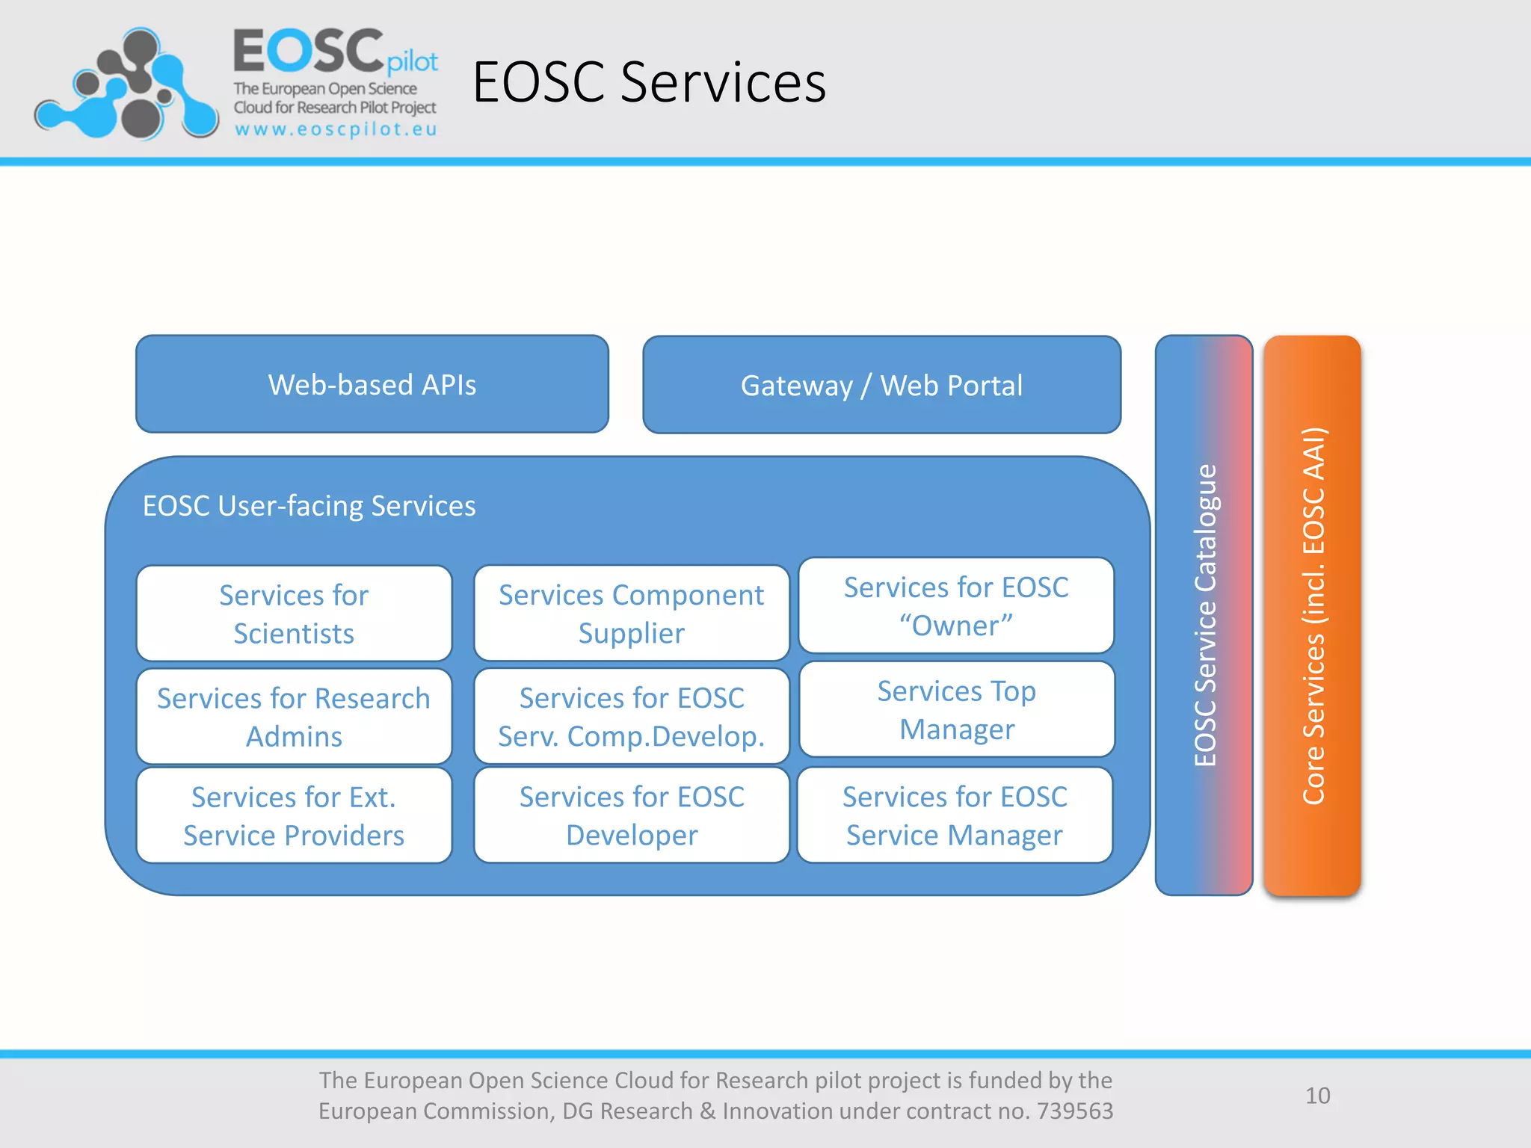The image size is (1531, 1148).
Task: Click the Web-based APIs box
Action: [x=372, y=384]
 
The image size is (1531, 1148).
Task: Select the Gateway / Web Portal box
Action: [x=881, y=385]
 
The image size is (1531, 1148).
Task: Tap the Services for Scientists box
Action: [x=294, y=614]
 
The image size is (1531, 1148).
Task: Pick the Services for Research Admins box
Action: [x=294, y=717]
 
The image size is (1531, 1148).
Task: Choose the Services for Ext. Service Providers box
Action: [x=294, y=815]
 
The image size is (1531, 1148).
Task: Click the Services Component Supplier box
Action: [x=631, y=614]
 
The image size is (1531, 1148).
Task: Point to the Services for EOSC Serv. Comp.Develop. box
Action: [x=631, y=717]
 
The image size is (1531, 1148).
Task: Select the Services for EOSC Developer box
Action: [x=631, y=815]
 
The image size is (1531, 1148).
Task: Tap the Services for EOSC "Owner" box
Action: [x=956, y=606]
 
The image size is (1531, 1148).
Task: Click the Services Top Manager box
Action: [x=956, y=709]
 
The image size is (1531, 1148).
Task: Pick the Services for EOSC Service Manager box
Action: [x=955, y=815]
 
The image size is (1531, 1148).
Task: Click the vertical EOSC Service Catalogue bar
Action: [x=1204, y=614]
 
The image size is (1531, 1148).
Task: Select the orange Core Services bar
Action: [x=1312, y=614]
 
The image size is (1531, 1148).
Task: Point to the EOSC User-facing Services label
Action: [x=309, y=506]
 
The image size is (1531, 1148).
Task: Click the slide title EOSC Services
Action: [x=649, y=82]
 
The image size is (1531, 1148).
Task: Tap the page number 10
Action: [x=1317, y=1096]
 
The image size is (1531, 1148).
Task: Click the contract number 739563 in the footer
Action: [x=1074, y=1111]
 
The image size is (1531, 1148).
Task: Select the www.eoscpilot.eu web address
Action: [x=336, y=129]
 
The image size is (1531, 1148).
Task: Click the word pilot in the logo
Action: [x=412, y=62]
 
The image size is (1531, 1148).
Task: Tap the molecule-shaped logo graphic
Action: [x=127, y=84]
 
